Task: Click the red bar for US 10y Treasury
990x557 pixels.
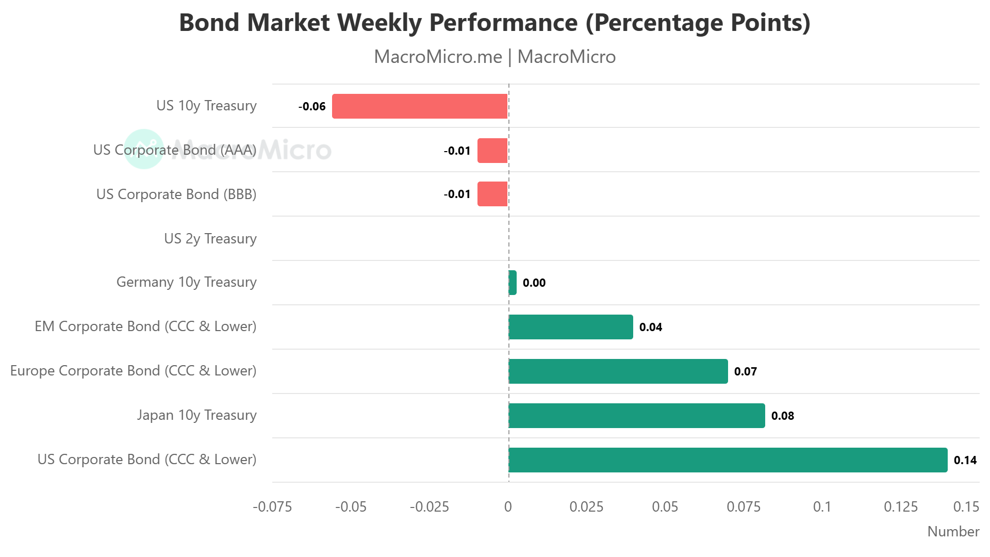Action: (x=420, y=106)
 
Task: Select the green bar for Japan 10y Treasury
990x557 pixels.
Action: (x=636, y=416)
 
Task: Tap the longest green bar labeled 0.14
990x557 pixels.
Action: (x=728, y=460)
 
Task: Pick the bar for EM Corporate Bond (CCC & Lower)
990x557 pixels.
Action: (x=570, y=327)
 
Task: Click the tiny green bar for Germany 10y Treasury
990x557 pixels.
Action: (x=513, y=283)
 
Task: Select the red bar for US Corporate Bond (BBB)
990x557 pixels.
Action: (x=492, y=194)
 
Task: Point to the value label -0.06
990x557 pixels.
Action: (x=312, y=107)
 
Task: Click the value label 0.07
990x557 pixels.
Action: (x=745, y=371)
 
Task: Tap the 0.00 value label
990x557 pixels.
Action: (x=534, y=283)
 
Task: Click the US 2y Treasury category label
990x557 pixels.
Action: (x=210, y=238)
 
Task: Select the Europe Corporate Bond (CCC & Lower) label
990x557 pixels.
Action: (x=133, y=371)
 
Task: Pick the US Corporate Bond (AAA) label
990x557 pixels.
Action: (x=174, y=150)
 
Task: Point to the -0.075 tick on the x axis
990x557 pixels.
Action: (x=272, y=507)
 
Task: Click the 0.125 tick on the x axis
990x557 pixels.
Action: (x=900, y=507)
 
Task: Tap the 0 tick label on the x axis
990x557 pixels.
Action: (x=508, y=507)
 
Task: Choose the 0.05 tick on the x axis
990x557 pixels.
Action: (x=665, y=507)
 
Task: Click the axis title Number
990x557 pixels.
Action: (x=953, y=532)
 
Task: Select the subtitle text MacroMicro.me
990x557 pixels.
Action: (x=438, y=57)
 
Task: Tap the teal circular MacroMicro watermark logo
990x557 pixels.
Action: (x=144, y=149)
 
